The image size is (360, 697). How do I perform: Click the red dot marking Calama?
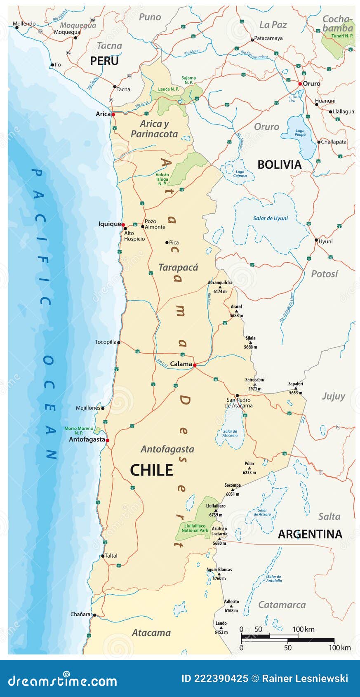194,365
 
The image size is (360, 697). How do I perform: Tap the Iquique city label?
109,224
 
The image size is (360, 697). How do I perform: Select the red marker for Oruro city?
300,84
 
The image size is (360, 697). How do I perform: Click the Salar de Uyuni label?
270,218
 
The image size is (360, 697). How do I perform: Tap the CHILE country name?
151,470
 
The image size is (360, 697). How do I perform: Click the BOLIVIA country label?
279,165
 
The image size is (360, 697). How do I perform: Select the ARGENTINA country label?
310,534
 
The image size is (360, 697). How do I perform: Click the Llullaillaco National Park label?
195,528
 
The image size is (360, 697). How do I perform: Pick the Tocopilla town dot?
119,342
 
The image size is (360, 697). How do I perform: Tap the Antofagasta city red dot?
107,440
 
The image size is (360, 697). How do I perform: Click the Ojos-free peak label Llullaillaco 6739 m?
216,510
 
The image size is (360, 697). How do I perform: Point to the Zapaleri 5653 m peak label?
296,388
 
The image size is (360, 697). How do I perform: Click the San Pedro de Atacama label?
238,403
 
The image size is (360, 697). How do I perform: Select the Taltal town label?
111,556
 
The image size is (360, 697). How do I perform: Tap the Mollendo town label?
24,24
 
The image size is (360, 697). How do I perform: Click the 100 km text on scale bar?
303,629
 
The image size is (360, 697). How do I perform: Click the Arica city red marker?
113,114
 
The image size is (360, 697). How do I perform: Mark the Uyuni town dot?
316,240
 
